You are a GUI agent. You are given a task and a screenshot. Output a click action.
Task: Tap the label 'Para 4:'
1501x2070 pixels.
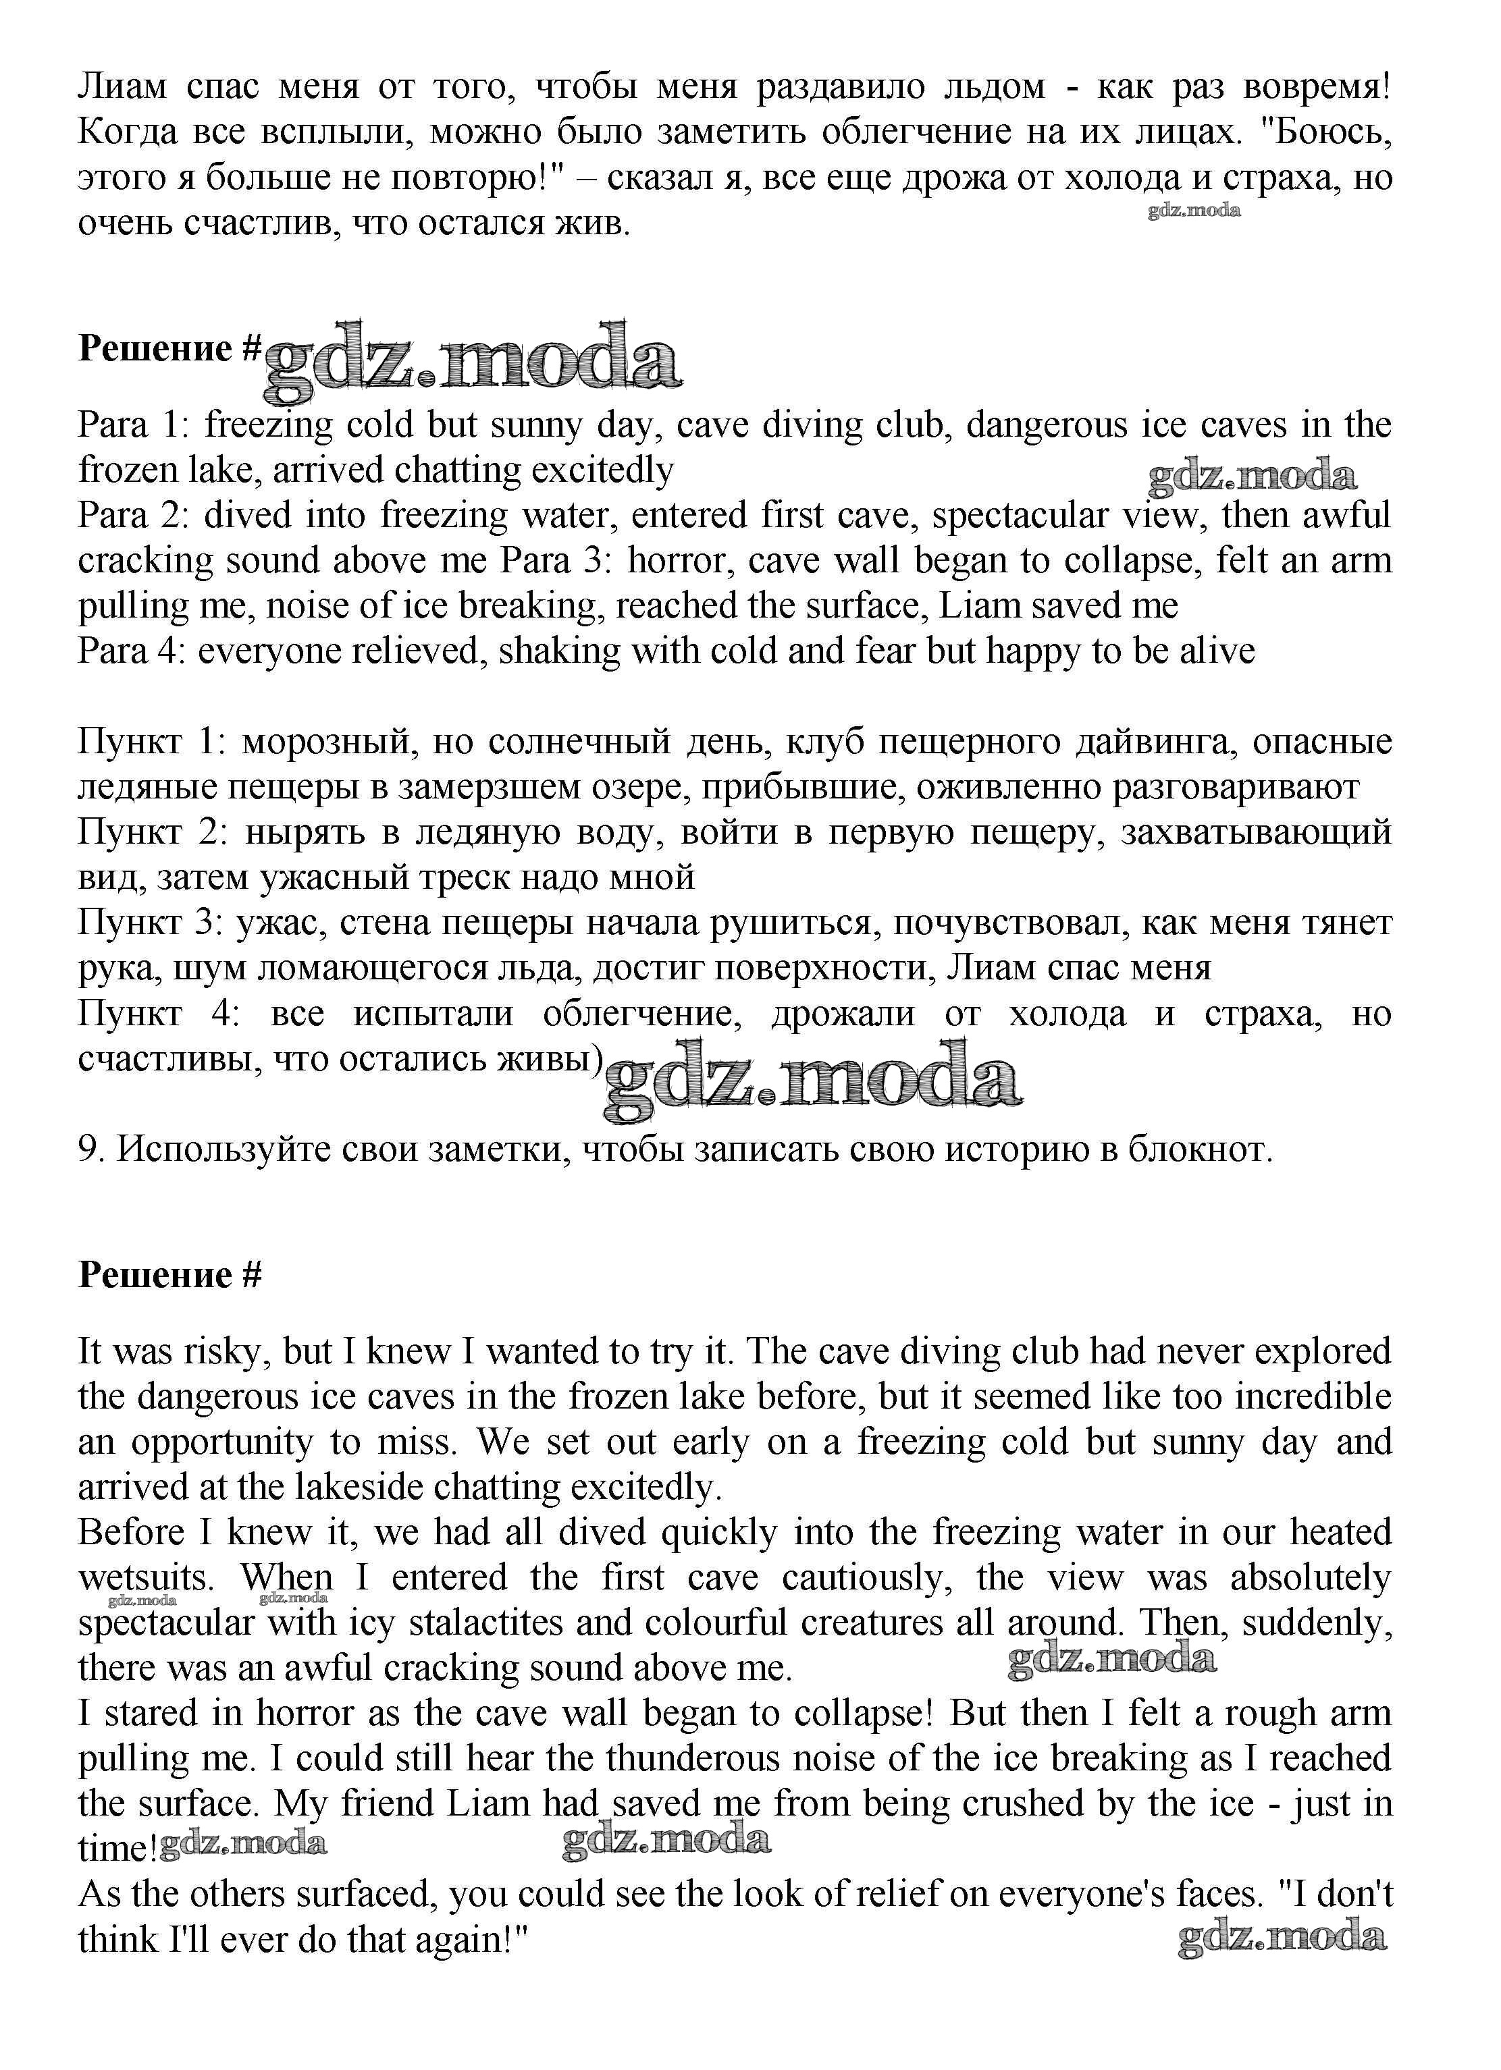coord(130,651)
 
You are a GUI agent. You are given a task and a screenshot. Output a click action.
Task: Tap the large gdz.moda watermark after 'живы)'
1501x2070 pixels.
coord(812,1083)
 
